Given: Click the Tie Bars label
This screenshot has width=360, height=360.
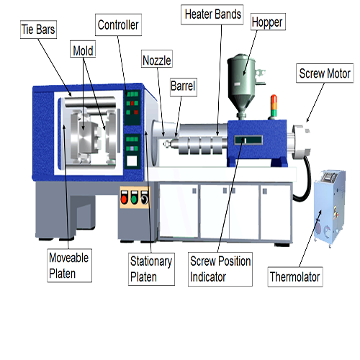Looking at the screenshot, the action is pos(38,30).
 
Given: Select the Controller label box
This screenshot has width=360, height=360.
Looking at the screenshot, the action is pos(118,25).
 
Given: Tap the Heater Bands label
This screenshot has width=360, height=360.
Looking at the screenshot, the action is pos(212,14).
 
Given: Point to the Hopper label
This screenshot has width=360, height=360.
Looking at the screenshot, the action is pos(268,22).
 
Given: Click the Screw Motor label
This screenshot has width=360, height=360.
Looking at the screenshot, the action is pos(325,73).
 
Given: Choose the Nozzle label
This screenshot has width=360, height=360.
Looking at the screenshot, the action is pos(157,59).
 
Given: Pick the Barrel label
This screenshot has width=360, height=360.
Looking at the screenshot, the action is pos(184,87).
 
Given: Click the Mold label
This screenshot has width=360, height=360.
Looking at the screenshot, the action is pos(83,49).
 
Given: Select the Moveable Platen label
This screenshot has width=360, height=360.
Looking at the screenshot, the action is pos(69,266).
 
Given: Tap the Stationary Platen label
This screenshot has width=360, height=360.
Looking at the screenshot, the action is pos(151,269).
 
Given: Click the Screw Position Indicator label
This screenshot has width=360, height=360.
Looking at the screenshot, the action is pos(220,269).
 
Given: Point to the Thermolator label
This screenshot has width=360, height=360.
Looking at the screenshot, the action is pos(295,276).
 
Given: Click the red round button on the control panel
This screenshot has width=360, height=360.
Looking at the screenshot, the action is pos(124,198).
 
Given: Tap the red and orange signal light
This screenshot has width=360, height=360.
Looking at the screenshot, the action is pos(274,106).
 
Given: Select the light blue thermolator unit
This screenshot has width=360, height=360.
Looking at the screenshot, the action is pos(330,207).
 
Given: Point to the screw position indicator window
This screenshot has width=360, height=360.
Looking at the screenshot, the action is pos(248,140).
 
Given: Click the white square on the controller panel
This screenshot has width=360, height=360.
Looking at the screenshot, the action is pos(132,161).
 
